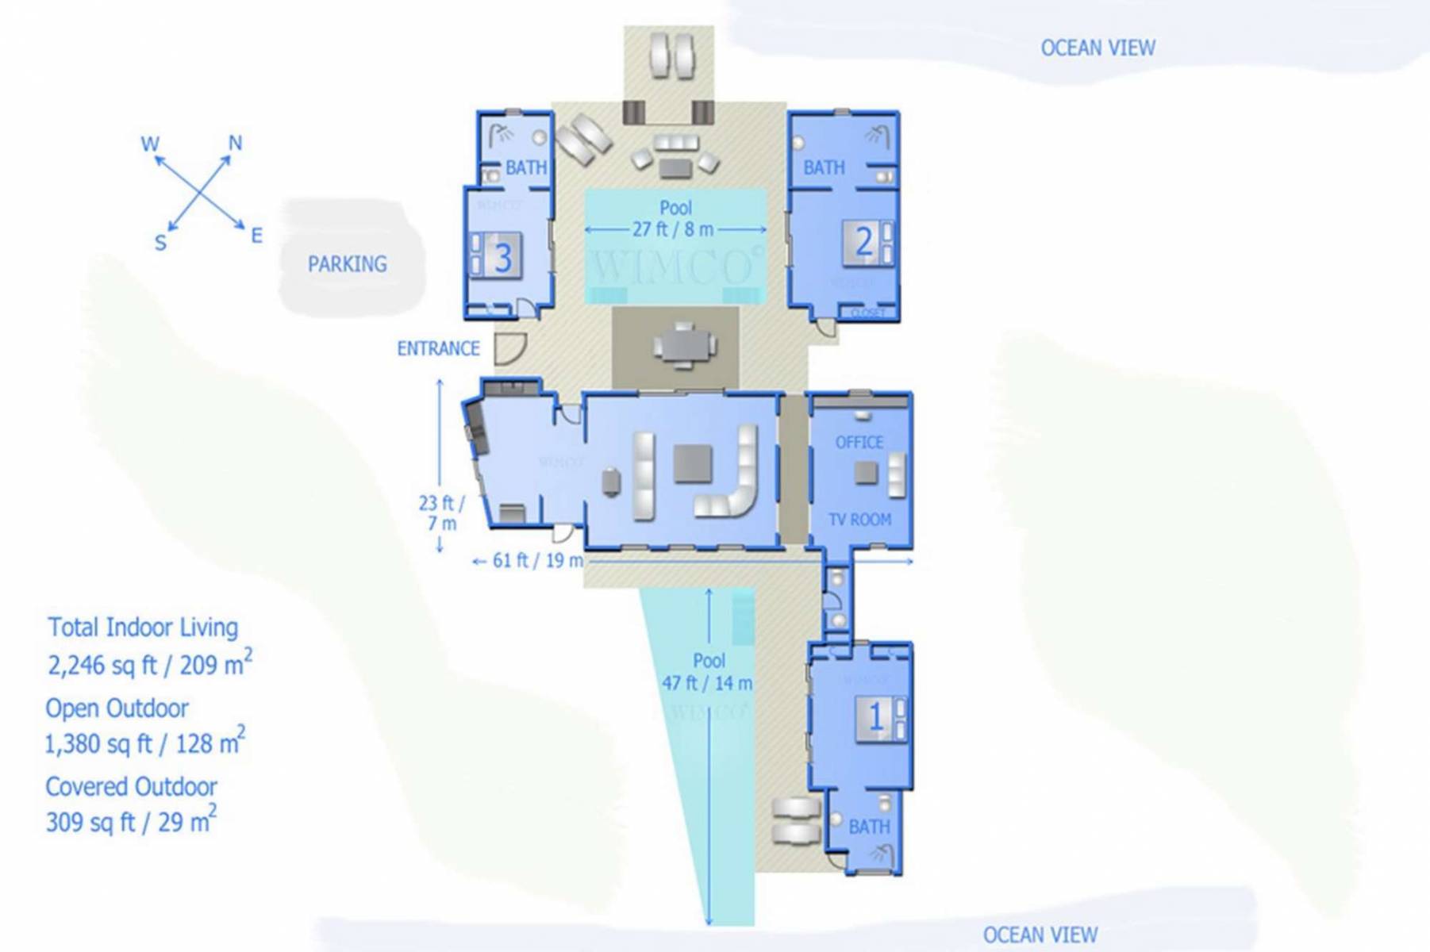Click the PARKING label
coord(347,263)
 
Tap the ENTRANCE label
coord(438,348)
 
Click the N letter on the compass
coord(235,143)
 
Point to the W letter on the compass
coord(149,144)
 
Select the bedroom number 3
coord(502,258)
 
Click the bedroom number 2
coord(863,241)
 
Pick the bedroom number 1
coord(875,717)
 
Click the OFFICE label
coord(859,442)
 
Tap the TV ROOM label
coord(859,520)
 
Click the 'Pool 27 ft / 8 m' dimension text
coord(675,219)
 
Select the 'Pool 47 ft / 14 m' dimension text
coord(708,672)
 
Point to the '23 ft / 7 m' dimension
coord(441,512)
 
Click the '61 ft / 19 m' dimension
coord(537,560)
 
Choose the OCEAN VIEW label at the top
coord(1097,48)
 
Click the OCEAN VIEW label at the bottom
coord(1040,935)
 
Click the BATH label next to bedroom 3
coord(525,167)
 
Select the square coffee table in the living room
coord(692,463)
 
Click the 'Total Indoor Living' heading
coord(143,627)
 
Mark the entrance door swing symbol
coord(509,348)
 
